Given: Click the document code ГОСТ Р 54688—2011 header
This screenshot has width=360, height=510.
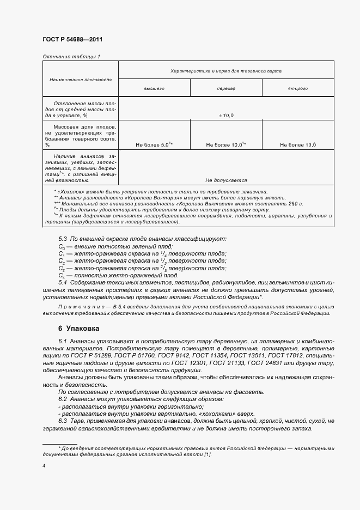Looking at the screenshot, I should [x=72, y=40].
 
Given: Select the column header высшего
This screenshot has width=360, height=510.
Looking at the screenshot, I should [x=154, y=88].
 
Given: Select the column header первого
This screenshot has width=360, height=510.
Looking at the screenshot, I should [x=226, y=88].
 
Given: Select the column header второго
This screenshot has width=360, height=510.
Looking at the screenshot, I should [x=298, y=88].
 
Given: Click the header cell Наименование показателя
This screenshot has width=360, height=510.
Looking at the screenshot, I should [x=80, y=80].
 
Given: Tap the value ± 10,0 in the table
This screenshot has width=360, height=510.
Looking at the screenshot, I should [x=226, y=116].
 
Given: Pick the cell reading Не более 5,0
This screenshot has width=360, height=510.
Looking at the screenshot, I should [x=154, y=145].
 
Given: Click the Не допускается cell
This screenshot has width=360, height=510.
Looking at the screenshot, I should [x=226, y=180].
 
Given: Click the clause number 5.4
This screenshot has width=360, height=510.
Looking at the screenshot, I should [x=62, y=283].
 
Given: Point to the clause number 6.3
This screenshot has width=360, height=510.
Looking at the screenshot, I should [x=62, y=421].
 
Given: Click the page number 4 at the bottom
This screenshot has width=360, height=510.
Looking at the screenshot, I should [x=44, y=466].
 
